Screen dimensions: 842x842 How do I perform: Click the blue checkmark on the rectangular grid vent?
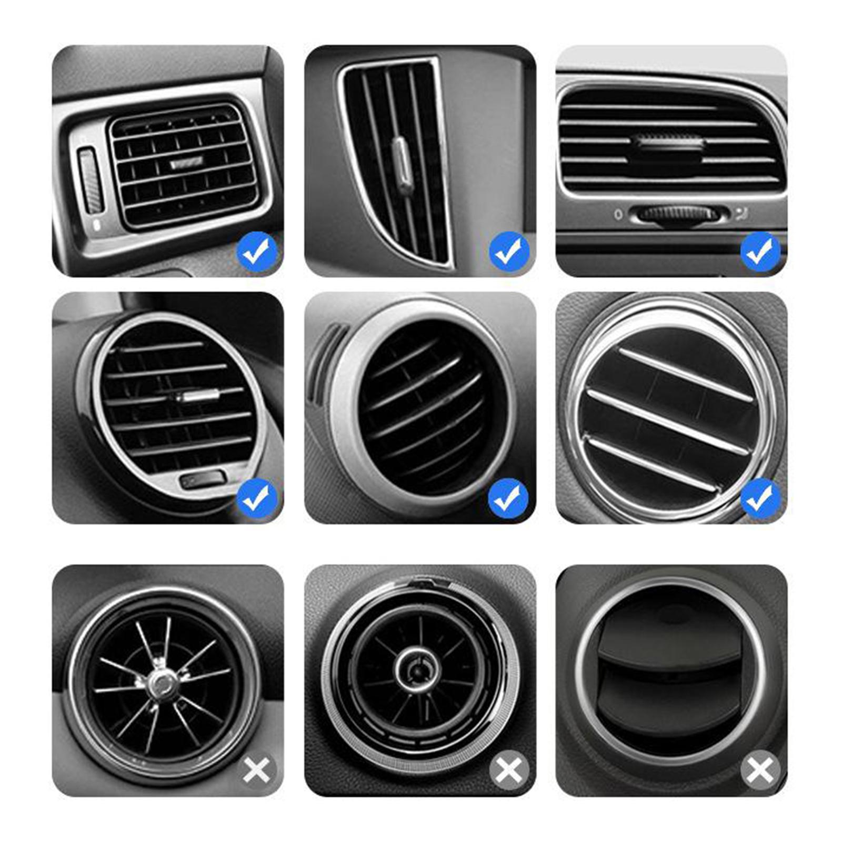[x=257, y=252]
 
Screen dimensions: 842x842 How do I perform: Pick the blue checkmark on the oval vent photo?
[x=257, y=498]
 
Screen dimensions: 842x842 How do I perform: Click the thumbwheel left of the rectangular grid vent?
[x=91, y=181]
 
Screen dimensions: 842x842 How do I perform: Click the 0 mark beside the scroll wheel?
[x=618, y=214]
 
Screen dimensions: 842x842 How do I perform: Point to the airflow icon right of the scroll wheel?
[x=741, y=213]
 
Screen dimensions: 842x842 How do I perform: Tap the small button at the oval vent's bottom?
[x=203, y=479]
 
